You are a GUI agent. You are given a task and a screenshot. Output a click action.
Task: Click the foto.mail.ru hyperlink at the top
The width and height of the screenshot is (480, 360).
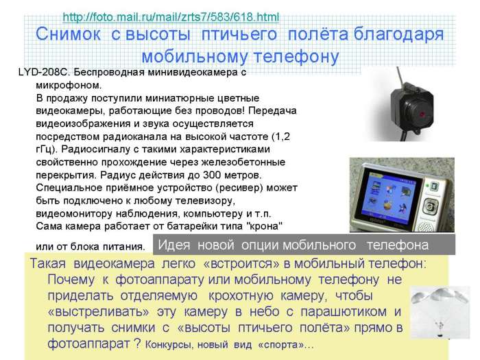[x=171, y=17]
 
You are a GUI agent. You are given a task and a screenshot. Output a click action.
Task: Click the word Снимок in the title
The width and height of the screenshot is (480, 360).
[x=68, y=34]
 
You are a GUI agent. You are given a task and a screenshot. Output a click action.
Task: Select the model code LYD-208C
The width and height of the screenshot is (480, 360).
[x=45, y=72]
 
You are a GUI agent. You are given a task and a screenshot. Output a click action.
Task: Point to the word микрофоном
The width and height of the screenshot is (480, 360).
[x=69, y=85]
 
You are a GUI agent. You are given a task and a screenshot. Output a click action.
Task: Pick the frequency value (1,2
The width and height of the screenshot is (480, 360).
[x=281, y=136]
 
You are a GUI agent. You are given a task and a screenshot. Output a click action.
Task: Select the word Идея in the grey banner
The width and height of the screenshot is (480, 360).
[x=174, y=245]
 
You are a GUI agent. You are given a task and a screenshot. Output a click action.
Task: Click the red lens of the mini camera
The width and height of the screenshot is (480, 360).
[x=422, y=115]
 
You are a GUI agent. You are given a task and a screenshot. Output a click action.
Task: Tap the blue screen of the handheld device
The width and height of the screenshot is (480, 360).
[x=389, y=196]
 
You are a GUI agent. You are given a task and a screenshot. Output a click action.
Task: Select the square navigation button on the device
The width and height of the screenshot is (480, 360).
[x=430, y=206]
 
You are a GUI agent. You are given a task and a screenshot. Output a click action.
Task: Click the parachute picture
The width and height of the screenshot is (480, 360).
[x=440, y=313]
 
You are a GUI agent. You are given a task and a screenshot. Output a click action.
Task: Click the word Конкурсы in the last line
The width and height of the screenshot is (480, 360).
[x=169, y=345]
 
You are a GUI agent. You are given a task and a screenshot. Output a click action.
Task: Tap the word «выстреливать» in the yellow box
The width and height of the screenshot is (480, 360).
[x=99, y=311]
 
